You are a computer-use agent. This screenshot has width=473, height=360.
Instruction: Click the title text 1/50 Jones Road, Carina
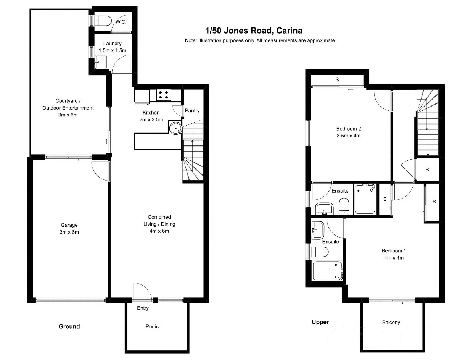(254, 31)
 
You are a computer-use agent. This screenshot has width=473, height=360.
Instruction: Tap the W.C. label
(121, 22)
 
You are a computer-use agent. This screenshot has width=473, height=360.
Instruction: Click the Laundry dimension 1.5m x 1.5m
(112, 50)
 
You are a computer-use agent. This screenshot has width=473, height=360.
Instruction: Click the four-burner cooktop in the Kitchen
(164, 94)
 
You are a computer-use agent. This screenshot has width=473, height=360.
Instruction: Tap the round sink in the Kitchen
(175, 128)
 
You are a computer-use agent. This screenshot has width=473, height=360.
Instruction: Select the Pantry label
(192, 111)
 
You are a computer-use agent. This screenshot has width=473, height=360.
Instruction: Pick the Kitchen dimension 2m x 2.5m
(151, 119)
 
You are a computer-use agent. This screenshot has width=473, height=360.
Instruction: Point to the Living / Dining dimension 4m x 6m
(159, 231)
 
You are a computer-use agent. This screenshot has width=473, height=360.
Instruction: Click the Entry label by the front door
(143, 308)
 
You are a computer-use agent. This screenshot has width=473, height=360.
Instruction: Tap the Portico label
(154, 326)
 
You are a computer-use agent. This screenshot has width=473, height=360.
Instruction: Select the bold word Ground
(69, 326)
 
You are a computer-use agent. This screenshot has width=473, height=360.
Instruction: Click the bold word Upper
(320, 322)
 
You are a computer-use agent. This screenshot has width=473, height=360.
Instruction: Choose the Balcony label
(391, 323)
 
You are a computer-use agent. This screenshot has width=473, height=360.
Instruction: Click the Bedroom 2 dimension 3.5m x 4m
(348, 136)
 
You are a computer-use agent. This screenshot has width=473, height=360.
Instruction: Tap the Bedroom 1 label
(394, 251)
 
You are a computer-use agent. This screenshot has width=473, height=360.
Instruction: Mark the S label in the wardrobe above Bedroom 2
(337, 80)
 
